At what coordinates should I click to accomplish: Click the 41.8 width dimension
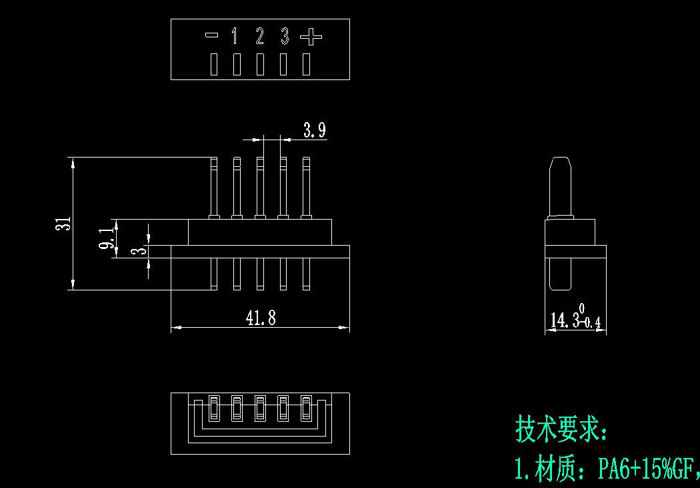(261, 318)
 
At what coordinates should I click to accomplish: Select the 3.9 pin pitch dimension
(315, 130)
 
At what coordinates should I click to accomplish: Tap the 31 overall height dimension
(65, 224)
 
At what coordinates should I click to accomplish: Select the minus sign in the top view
(211, 35)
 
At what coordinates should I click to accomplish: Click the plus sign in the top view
(311, 36)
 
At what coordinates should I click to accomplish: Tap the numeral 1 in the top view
(235, 36)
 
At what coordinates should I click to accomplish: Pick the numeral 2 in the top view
(259, 36)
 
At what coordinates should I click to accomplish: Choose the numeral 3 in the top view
(285, 36)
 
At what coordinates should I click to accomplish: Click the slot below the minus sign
(214, 64)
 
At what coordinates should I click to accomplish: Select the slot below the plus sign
(306, 64)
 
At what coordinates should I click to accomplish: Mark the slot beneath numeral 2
(260, 64)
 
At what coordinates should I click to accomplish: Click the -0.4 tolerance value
(592, 322)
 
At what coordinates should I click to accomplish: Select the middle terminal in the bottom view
(260, 409)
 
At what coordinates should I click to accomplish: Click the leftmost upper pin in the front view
(214, 188)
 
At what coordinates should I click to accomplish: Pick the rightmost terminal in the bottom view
(306, 409)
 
